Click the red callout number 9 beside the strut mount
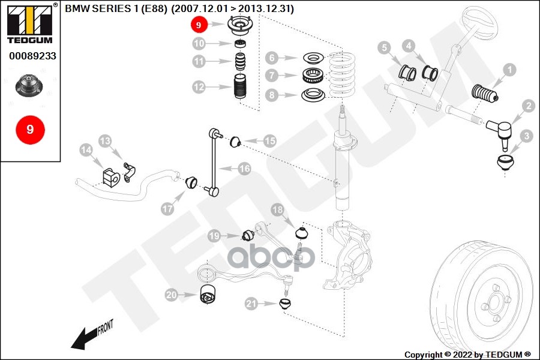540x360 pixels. [x=199, y=25]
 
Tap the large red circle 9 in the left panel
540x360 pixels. [x=29, y=129]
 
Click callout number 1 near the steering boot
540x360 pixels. [x=509, y=70]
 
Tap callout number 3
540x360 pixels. [x=526, y=136]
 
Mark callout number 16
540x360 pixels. [x=244, y=169]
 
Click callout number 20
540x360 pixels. [x=172, y=295]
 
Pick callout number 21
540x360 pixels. [x=251, y=304]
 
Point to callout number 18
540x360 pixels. [x=277, y=210]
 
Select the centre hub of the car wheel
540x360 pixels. [x=494, y=300]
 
